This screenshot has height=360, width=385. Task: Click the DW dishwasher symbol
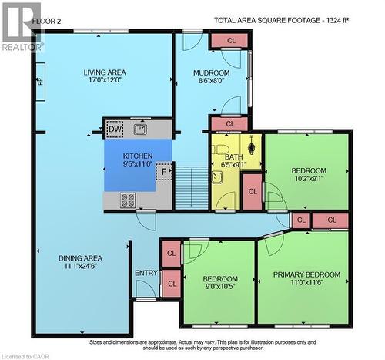(x=114, y=130)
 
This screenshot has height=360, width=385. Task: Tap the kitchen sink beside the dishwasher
(x=139, y=129)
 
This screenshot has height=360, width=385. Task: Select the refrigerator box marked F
(x=163, y=172)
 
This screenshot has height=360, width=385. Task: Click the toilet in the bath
(x=252, y=146)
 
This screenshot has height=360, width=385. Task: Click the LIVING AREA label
(x=105, y=73)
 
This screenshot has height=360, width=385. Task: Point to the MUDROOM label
(x=212, y=73)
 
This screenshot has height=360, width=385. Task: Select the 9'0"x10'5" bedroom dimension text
(x=220, y=288)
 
